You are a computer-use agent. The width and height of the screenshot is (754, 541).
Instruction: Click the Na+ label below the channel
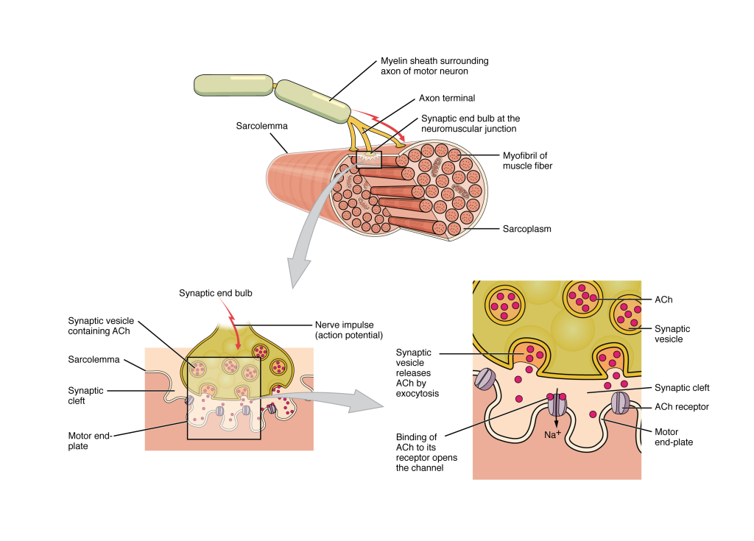click(x=552, y=435)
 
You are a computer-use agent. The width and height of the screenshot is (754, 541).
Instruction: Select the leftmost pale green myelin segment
click(x=233, y=85)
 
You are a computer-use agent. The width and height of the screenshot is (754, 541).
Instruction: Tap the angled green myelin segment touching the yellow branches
click(x=312, y=101)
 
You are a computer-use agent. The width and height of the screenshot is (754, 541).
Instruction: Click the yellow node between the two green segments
click(x=275, y=86)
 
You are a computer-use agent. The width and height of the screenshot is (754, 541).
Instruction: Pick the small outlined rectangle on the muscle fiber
click(x=369, y=159)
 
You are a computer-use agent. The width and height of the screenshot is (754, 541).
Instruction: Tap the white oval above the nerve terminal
click(x=232, y=316)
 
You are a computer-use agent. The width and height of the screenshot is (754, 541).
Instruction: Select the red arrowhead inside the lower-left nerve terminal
click(x=238, y=345)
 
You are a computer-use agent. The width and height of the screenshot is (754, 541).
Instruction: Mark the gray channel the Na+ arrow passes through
click(x=557, y=403)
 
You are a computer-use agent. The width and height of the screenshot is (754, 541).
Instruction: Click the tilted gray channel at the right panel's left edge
click(x=485, y=379)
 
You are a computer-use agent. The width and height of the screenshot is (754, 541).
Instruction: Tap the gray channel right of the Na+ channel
click(x=621, y=403)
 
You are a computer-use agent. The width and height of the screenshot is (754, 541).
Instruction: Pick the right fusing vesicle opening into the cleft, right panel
click(x=611, y=361)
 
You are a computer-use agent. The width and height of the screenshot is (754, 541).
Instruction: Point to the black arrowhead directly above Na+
click(x=556, y=425)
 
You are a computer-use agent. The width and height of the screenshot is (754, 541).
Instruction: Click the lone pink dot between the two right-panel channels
click(x=593, y=414)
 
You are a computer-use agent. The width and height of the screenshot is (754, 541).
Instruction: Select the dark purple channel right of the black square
click(x=272, y=409)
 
